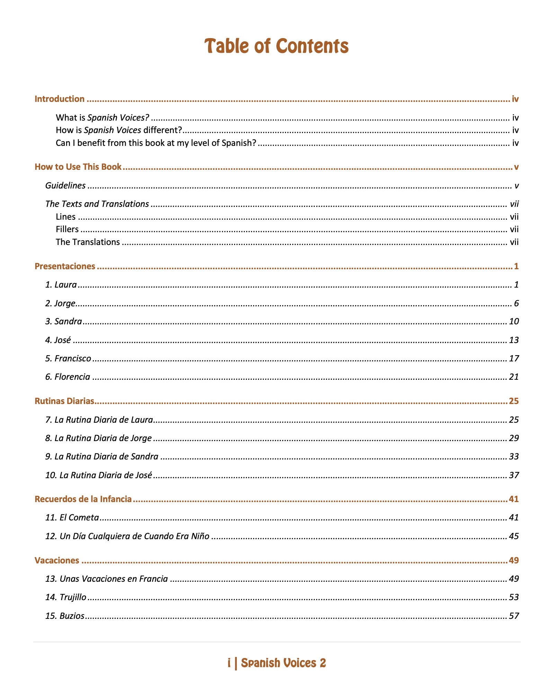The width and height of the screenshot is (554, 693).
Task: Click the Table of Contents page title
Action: pyautogui.click(x=276, y=46)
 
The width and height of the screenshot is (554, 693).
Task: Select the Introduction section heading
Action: pyautogui.click(x=60, y=99)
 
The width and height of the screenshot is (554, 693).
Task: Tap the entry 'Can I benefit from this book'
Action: pyautogui.click(x=156, y=143)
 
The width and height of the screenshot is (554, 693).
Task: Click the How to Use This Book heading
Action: pyautogui.click(x=78, y=167)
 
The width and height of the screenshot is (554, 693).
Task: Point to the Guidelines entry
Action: pyautogui.click(x=65, y=186)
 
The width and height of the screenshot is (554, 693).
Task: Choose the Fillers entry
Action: pyautogui.click(x=67, y=229)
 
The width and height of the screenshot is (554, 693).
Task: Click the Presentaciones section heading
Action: pyautogui.click(x=65, y=266)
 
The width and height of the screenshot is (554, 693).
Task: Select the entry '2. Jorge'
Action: pyautogui.click(x=60, y=303)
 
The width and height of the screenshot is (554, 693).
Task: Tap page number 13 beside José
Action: pyautogui.click(x=514, y=340)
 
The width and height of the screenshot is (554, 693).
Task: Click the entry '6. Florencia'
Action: pyautogui.click(x=68, y=377)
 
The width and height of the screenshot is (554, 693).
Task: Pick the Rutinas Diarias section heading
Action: pyautogui.click(x=64, y=401)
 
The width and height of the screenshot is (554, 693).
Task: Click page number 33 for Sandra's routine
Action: pyautogui.click(x=514, y=456)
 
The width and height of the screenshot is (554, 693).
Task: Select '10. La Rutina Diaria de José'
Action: pyautogui.click(x=99, y=475)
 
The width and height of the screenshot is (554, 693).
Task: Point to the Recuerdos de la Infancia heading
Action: pyautogui.click(x=83, y=499)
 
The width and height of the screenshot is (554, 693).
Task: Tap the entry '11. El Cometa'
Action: pyautogui.click(x=72, y=517)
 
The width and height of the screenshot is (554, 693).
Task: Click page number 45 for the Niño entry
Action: pyautogui.click(x=514, y=536)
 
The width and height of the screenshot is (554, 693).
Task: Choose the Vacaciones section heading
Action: pyautogui.click(x=57, y=560)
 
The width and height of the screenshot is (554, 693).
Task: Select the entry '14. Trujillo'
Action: pyautogui.click(x=66, y=597)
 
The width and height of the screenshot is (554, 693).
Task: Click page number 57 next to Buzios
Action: pyautogui.click(x=514, y=616)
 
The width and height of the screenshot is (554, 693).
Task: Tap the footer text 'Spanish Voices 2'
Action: pyautogui.click(x=283, y=663)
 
